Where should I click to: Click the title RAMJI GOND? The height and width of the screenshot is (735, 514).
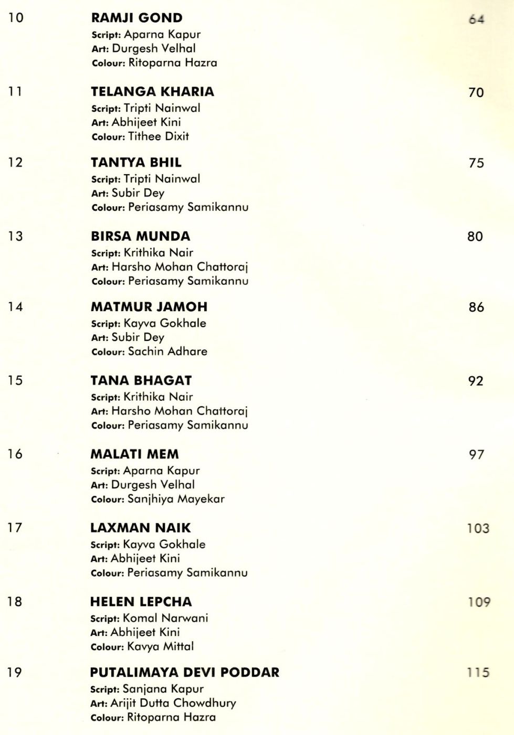click(x=137, y=18)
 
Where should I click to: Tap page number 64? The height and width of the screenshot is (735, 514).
click(x=476, y=19)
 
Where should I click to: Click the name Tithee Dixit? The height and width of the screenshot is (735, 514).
click(x=159, y=136)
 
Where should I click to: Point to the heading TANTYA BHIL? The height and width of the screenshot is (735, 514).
click(x=136, y=162)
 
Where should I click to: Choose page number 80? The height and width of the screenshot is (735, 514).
click(x=475, y=237)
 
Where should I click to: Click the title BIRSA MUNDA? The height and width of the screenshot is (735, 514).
click(x=140, y=236)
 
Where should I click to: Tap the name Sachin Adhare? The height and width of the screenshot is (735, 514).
click(x=167, y=351)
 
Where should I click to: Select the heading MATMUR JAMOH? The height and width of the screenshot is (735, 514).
click(x=149, y=307)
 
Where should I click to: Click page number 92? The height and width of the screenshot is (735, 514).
click(x=476, y=381)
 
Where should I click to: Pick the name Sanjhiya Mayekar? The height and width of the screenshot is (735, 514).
click(x=176, y=499)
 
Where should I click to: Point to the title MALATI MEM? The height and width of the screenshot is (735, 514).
click(x=134, y=454)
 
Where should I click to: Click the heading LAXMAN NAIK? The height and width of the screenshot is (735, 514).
click(x=140, y=528)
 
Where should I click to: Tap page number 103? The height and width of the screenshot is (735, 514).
click(x=478, y=528)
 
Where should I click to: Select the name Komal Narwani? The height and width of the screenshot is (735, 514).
click(x=165, y=618)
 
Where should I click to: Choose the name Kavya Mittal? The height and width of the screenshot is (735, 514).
click(x=161, y=646)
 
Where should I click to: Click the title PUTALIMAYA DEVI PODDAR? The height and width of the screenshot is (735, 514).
click(x=184, y=673)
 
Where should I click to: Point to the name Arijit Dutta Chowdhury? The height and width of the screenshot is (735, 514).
click(x=173, y=703)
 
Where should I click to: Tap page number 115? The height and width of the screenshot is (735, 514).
click(x=478, y=673)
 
